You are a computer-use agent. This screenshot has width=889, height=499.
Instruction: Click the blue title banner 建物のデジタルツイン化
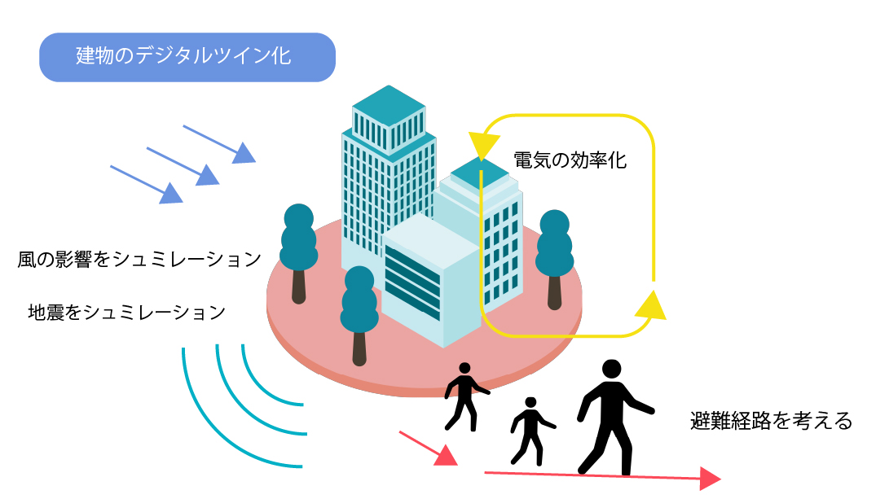(x=187, y=57)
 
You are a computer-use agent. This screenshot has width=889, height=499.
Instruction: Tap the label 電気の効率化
(x=570, y=160)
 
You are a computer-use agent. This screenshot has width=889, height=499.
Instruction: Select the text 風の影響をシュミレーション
(x=139, y=260)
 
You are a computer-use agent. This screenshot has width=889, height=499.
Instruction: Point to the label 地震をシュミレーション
(x=127, y=312)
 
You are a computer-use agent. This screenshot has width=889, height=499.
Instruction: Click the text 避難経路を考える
(x=772, y=421)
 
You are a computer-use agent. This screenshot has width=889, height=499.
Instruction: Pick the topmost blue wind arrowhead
(x=245, y=153)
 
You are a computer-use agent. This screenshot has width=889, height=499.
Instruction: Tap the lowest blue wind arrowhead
(x=171, y=193)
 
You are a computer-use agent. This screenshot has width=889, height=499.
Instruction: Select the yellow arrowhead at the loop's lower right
(x=651, y=306)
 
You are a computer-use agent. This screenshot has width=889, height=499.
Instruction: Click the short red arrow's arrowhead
(x=447, y=456)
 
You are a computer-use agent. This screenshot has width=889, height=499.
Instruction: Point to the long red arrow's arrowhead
(x=711, y=479)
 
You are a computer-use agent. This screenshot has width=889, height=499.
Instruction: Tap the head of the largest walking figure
(x=611, y=369)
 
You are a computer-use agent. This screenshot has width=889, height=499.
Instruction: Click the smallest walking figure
(x=532, y=431)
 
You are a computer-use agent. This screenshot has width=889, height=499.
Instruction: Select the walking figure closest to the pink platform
(x=466, y=396)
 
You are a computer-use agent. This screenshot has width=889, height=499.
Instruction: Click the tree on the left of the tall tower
(x=299, y=253)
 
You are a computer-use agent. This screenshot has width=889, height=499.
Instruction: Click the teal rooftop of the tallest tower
(x=389, y=105)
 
